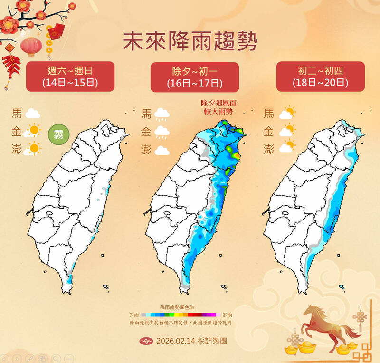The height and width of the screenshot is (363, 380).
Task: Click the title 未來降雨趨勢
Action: click(190, 42)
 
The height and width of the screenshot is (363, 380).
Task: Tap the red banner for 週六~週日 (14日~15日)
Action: click(70, 76)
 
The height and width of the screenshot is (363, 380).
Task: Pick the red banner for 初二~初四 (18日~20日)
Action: click(321, 76)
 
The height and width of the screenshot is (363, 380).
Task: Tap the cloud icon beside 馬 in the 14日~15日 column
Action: click(32, 114)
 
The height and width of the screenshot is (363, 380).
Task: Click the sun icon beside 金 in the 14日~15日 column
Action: click(33, 131)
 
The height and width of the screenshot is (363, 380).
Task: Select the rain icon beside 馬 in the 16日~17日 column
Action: click(162, 114)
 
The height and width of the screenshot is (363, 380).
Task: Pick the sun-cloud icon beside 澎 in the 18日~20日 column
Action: click(287, 148)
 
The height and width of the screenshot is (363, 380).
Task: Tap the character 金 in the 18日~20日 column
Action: click(269, 131)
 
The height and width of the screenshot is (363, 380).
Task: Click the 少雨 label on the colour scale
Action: click(134, 315)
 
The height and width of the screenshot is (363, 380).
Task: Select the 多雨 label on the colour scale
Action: click(227, 315)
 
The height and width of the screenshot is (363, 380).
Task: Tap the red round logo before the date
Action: click(146, 341)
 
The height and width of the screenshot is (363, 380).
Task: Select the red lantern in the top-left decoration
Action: click(31, 46)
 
